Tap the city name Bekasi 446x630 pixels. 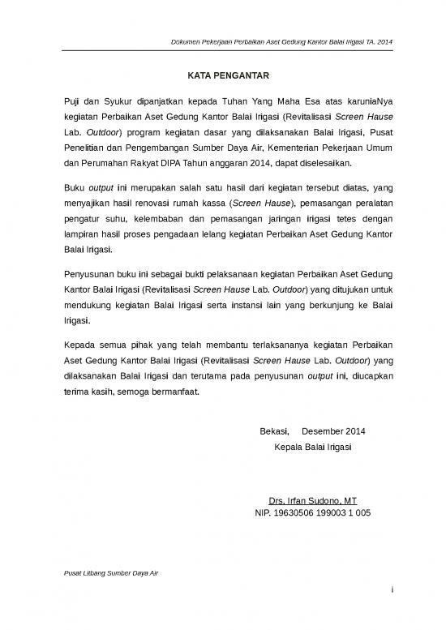[272, 431]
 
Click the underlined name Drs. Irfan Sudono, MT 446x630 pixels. [312, 500]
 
